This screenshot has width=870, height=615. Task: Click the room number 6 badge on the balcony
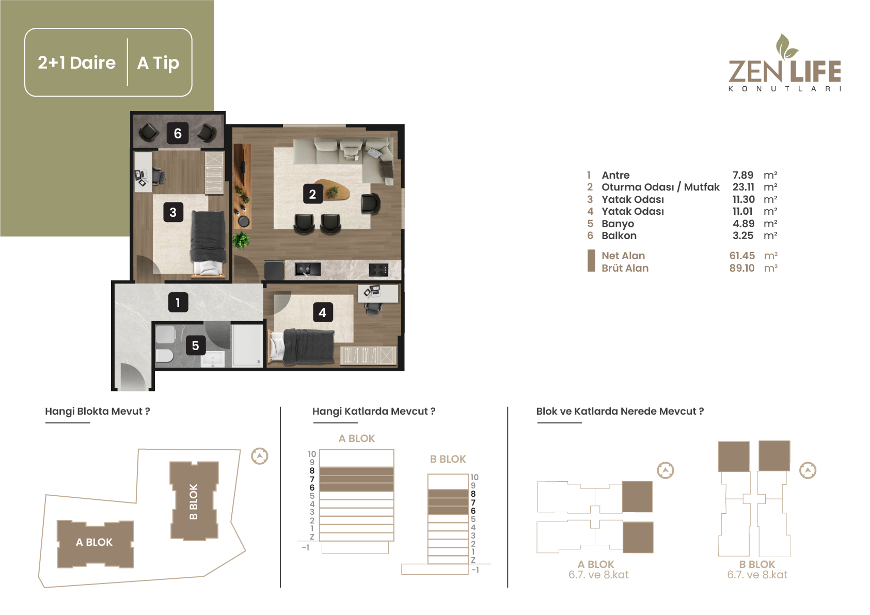click(x=178, y=133)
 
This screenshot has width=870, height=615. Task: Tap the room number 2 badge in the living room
click(x=313, y=194)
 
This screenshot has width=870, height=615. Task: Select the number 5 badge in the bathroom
click(x=195, y=345)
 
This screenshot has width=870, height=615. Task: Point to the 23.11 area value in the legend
click(x=743, y=187)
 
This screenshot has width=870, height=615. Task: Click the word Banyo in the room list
click(x=618, y=224)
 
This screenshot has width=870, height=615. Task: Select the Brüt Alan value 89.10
click(x=742, y=268)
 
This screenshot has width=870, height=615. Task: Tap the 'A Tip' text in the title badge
click(x=158, y=63)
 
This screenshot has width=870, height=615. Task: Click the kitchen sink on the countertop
click(x=308, y=269)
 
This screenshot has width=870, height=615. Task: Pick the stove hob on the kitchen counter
click(x=378, y=269)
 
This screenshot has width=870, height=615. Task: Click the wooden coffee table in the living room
click(x=332, y=190)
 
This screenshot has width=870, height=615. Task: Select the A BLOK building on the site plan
click(x=96, y=544)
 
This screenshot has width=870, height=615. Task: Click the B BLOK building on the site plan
click(x=194, y=501)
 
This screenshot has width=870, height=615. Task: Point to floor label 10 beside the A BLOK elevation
click(x=312, y=454)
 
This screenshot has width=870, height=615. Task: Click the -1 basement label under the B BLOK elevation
click(x=476, y=570)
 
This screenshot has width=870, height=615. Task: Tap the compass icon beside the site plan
click(x=259, y=456)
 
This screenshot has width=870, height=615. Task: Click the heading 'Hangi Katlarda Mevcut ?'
click(x=374, y=412)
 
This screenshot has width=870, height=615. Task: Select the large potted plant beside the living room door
click(x=241, y=240)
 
